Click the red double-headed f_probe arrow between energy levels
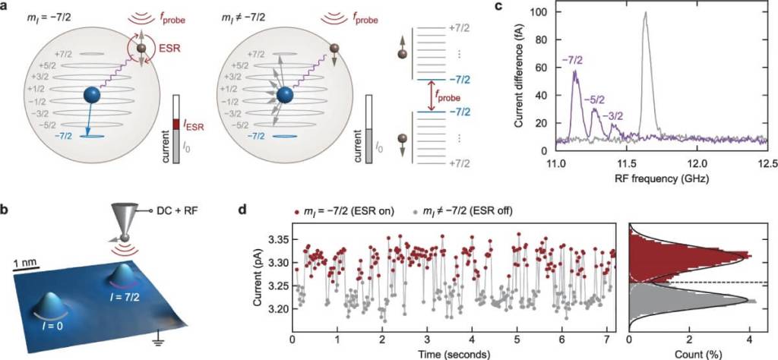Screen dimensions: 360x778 435,95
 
